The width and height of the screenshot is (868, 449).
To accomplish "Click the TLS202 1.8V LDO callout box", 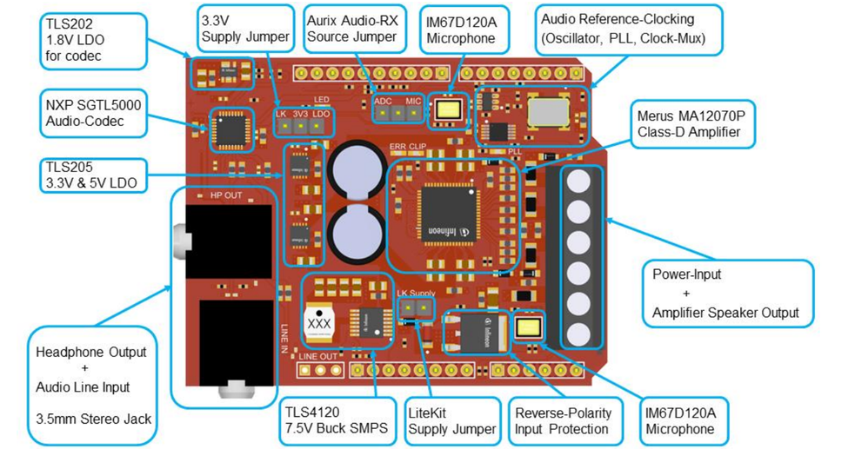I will (x=84, y=41).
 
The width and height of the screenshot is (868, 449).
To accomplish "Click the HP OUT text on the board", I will (x=226, y=195).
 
